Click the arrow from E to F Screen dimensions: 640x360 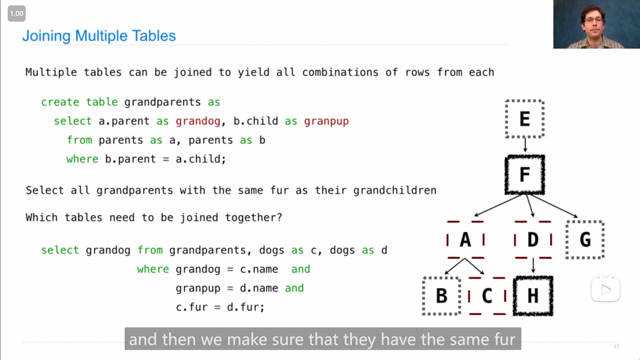pos(525,145)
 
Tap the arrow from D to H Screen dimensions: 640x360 pos(533,266)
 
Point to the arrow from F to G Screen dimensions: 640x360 pos(553,206)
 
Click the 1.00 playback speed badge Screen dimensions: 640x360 pos(17,14)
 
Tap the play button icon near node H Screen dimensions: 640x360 pos(606,290)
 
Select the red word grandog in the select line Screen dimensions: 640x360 pos(198,121)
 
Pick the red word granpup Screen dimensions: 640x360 pos(326,121)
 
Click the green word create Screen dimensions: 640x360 pos(60,102)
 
